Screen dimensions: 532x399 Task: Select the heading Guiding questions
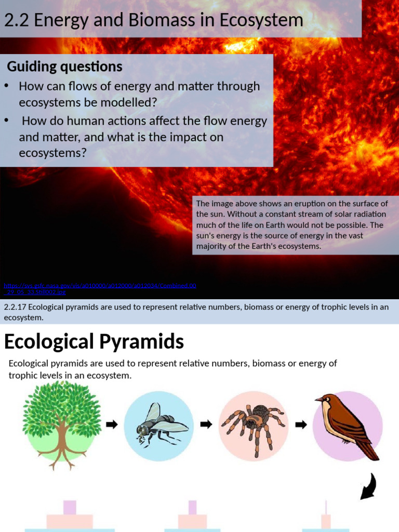tap(64, 67)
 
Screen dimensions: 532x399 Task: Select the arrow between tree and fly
tap(111, 424)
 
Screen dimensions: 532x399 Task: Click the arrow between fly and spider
tap(206, 424)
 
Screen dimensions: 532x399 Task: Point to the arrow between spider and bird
tap(300, 424)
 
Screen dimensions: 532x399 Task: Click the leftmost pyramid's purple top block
tap(70, 507)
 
